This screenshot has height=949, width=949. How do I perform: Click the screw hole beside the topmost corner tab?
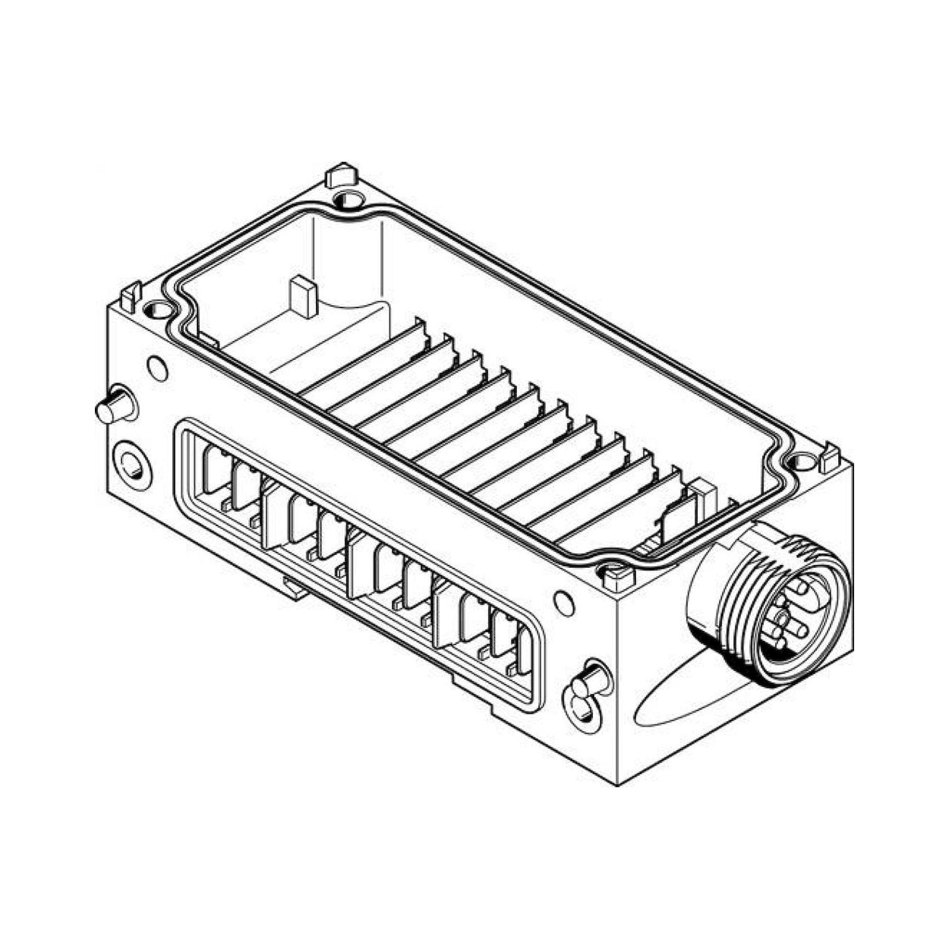349,200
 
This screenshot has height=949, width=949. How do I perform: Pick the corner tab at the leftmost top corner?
130,297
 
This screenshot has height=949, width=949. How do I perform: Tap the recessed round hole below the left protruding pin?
131,465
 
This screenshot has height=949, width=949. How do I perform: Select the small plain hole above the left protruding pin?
158,368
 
